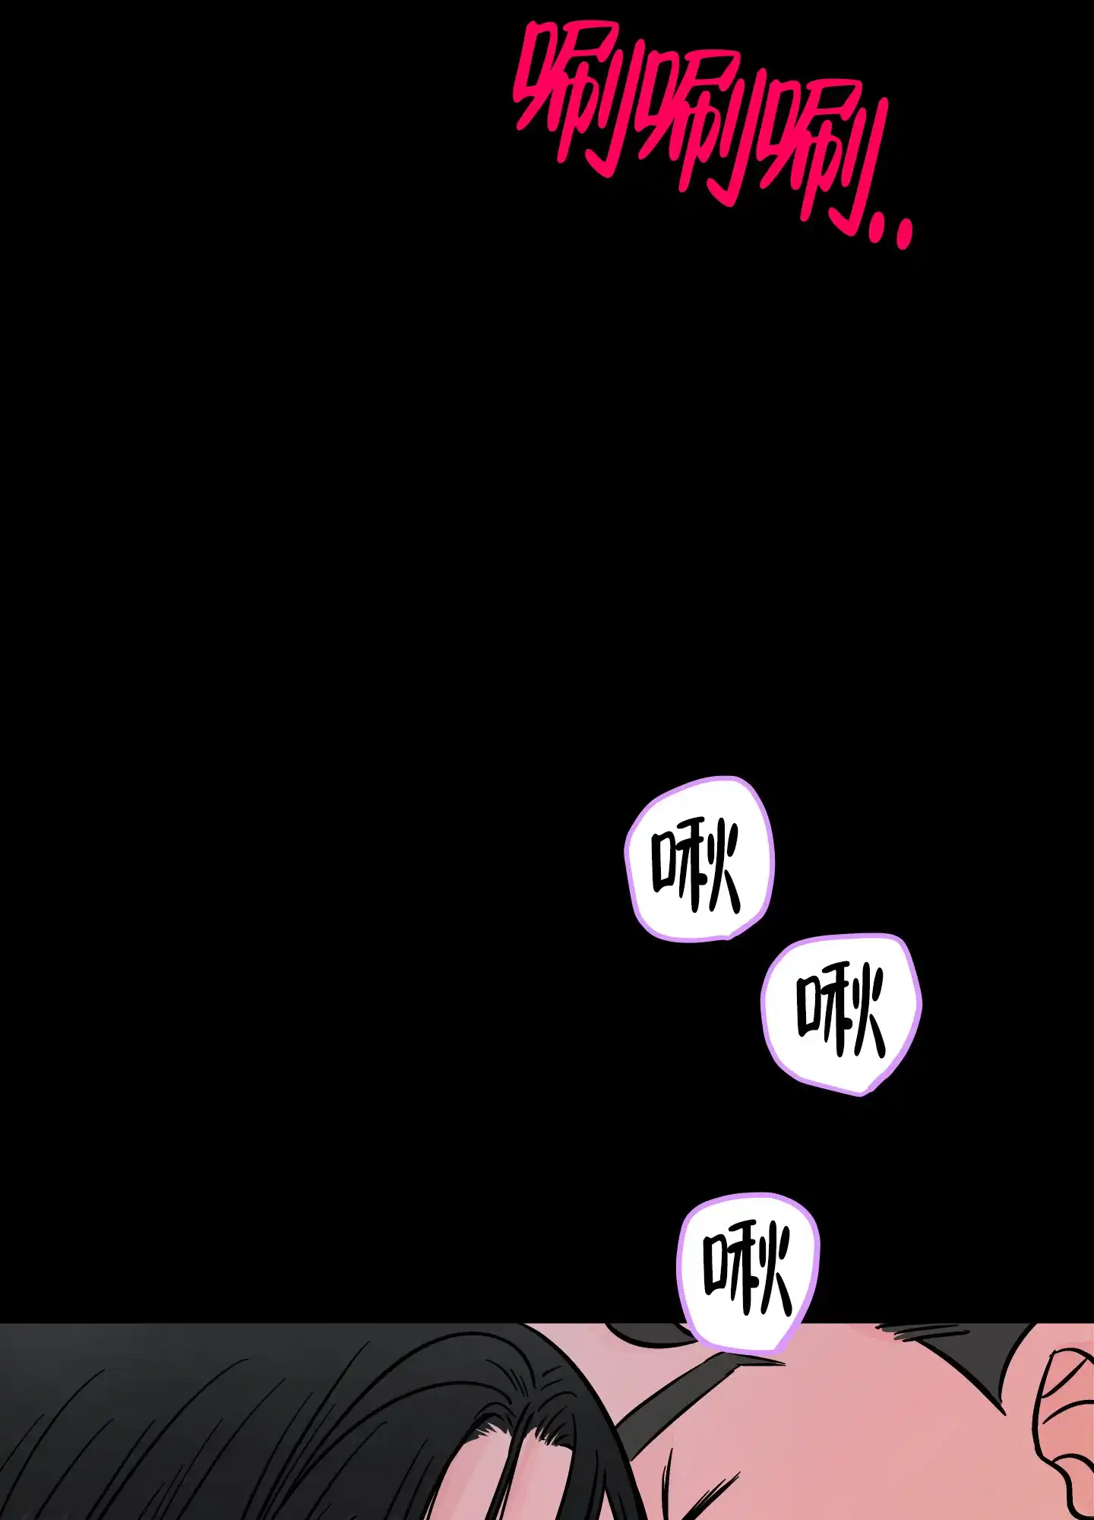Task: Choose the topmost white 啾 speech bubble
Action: coord(699,859)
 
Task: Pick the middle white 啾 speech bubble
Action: coord(842,1014)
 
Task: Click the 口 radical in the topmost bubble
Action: coord(666,863)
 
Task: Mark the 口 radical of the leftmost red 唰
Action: coord(532,91)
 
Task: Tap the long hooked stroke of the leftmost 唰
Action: coord(619,103)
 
